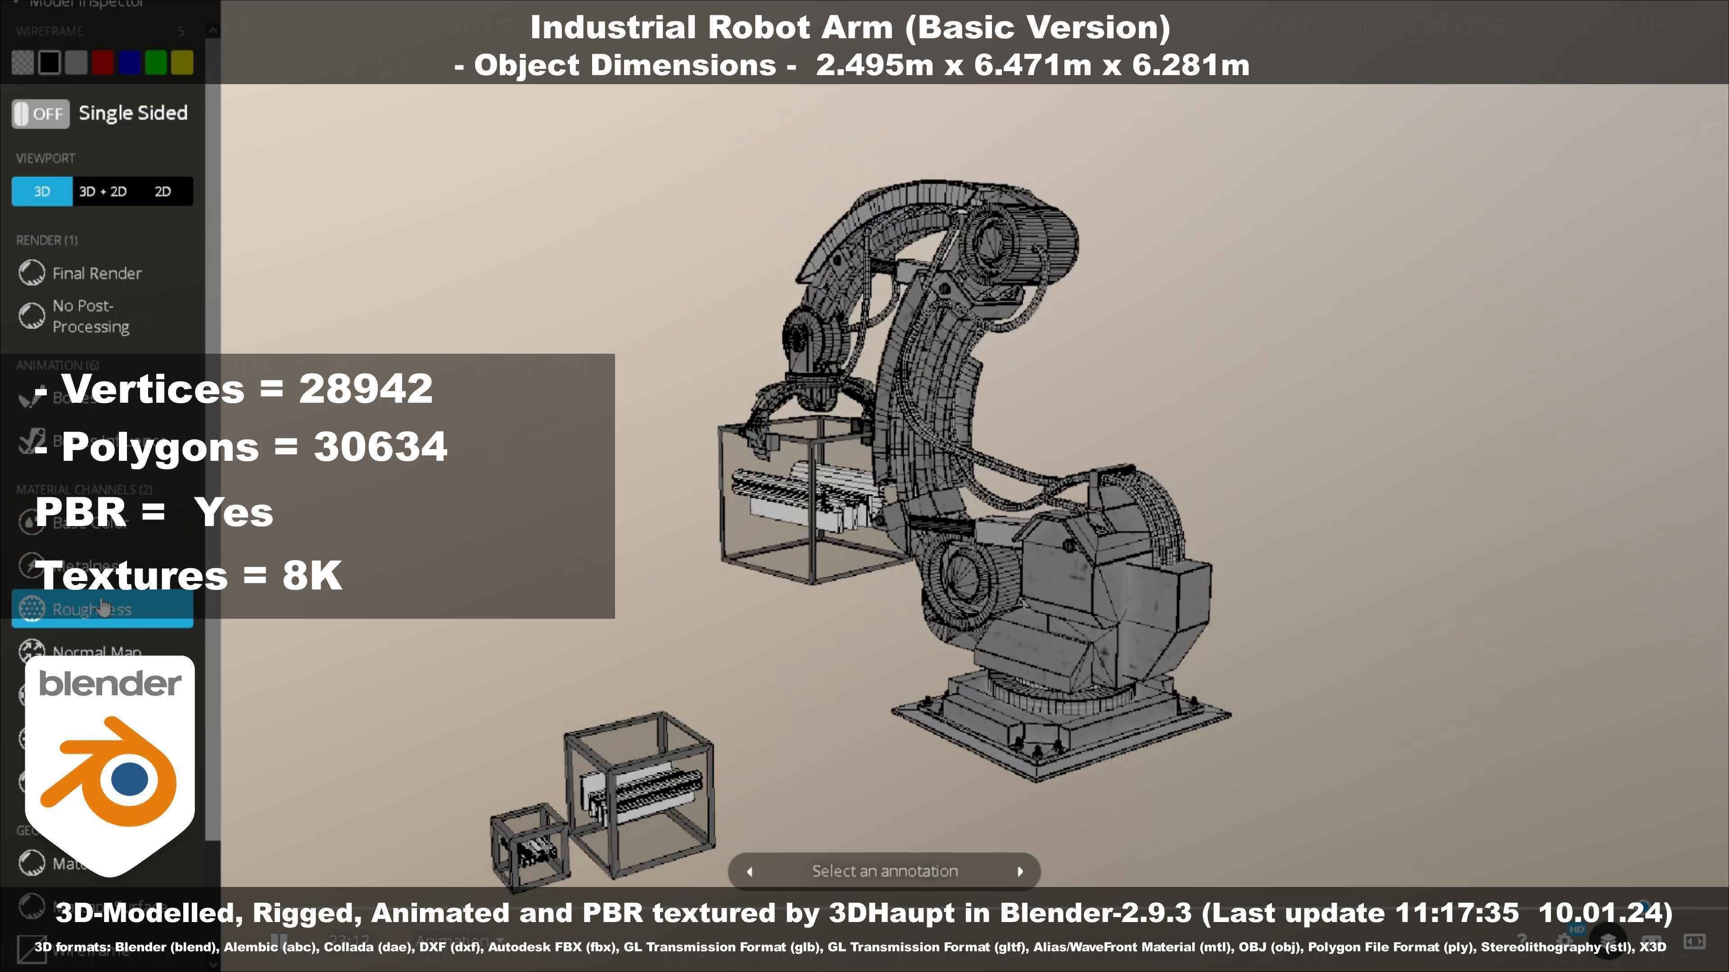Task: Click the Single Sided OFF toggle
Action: [x=40, y=113]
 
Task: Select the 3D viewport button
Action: [x=41, y=192]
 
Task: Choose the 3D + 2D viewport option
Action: [x=103, y=192]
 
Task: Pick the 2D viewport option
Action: [x=163, y=192]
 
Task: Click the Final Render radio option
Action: [x=32, y=273]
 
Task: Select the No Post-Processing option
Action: [x=32, y=316]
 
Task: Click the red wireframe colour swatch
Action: [x=103, y=63]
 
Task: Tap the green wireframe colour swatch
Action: [x=156, y=63]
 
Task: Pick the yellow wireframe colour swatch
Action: [x=182, y=63]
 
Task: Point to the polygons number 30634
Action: [x=380, y=447]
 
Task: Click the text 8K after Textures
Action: [x=312, y=576]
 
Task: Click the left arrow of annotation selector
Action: [x=750, y=871]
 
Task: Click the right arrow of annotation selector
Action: [x=1019, y=871]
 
